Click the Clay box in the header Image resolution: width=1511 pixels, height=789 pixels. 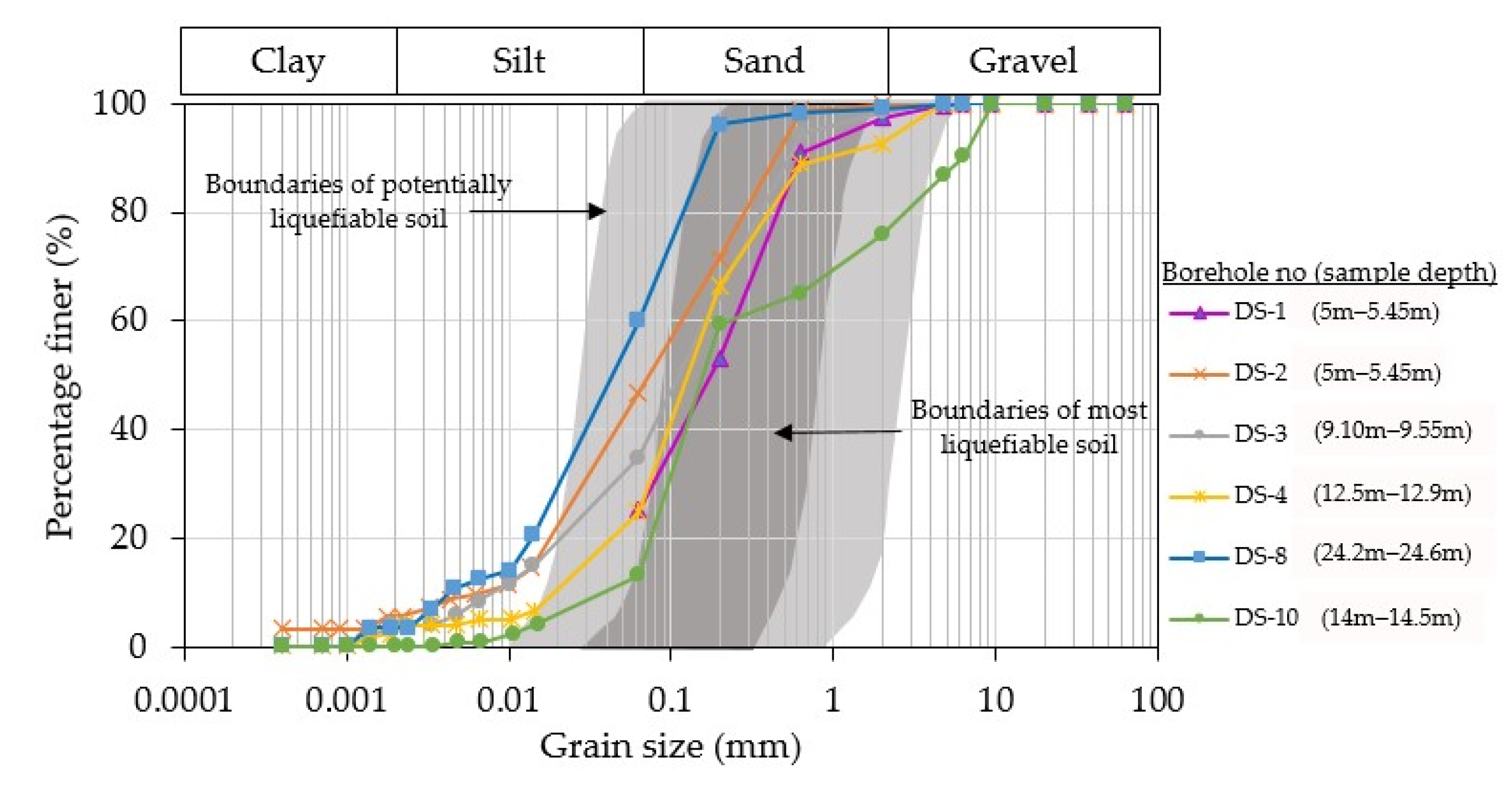pos(288,61)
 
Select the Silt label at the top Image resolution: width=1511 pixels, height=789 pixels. pos(519,61)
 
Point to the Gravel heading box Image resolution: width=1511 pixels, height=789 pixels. pos(1023,61)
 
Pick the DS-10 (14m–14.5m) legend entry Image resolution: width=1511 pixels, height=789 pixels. pos(1314,618)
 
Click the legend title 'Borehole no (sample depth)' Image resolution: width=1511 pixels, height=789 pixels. pos(1329,272)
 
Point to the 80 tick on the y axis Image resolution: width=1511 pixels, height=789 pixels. pos(128,211)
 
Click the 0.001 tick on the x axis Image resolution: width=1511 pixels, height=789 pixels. pos(346,700)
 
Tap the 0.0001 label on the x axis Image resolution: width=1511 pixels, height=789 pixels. pos(183,700)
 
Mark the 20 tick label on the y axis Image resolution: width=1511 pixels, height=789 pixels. pos(128,538)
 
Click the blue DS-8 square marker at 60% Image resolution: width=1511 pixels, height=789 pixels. pos(637,320)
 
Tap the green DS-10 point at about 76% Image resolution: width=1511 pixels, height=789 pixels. pos(882,234)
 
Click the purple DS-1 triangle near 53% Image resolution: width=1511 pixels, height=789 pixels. pos(721,360)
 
